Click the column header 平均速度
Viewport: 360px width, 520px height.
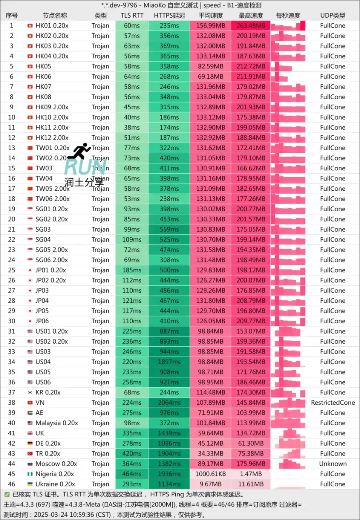point(211,16)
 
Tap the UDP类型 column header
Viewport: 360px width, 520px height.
point(332,16)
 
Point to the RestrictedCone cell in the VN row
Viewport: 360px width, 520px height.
point(332,403)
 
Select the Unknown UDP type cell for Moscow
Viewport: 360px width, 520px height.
point(332,464)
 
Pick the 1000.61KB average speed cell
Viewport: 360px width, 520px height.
point(210,474)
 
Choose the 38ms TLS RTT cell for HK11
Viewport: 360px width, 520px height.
point(132,128)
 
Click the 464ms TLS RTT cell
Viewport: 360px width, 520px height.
point(132,474)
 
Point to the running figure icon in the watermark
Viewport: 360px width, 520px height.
point(79,151)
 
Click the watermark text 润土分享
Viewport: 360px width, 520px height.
point(84,182)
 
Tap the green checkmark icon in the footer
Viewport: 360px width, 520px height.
point(7,494)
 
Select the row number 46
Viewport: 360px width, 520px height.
point(12,484)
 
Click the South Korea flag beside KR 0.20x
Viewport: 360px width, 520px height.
point(30,393)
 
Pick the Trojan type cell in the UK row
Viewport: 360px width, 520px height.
point(100,433)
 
